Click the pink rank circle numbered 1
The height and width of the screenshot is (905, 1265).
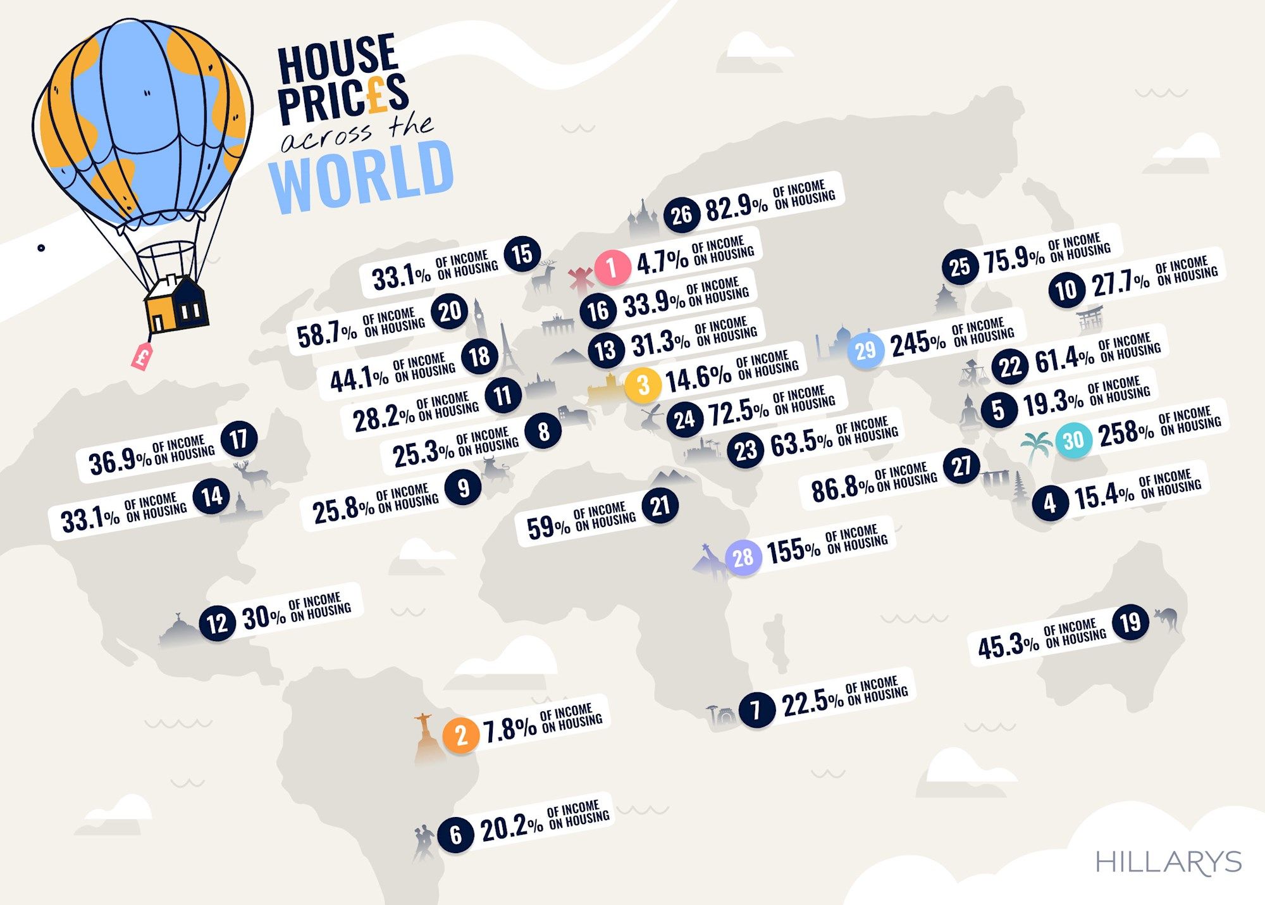612,267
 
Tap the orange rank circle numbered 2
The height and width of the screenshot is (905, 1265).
460,735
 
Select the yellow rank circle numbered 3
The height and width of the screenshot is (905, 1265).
643,384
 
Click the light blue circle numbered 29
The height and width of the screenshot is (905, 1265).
865,349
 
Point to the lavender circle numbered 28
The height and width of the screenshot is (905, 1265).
743,558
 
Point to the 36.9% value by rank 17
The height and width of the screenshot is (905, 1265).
120,461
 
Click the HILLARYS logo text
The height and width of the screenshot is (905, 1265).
1168,862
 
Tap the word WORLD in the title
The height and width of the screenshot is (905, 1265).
362,175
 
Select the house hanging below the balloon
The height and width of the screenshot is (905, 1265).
176,304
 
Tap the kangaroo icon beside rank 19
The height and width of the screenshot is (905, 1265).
1166,618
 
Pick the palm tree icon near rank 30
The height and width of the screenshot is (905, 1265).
1036,446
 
